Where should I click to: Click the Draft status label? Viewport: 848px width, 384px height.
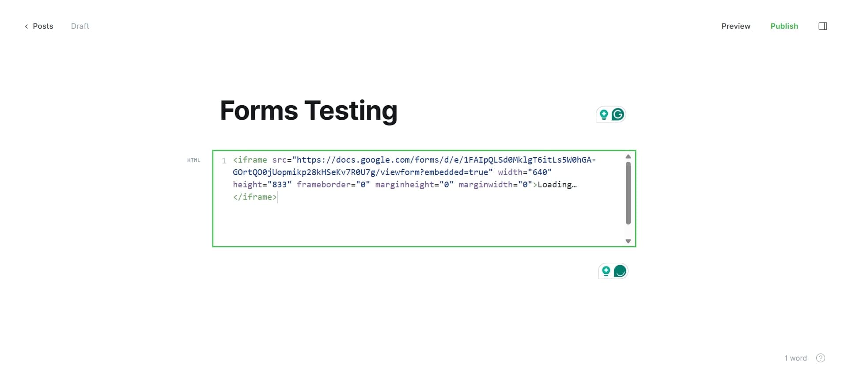click(80, 26)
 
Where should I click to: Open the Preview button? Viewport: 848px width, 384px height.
click(736, 26)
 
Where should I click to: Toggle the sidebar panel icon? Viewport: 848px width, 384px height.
click(822, 26)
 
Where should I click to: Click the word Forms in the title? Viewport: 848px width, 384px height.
click(259, 110)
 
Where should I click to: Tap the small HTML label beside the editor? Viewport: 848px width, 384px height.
click(193, 160)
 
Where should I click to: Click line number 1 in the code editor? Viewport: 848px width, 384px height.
click(224, 160)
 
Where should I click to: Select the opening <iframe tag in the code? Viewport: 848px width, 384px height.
click(250, 160)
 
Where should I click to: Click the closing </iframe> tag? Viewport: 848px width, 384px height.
click(254, 197)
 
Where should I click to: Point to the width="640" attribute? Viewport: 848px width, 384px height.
click(525, 172)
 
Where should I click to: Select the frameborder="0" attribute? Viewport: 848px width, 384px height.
click(333, 185)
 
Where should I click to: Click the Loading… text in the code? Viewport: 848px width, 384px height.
click(557, 185)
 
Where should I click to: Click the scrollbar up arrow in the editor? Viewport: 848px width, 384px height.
click(628, 157)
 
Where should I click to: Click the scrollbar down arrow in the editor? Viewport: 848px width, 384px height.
click(628, 241)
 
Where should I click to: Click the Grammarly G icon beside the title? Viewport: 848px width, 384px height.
click(618, 114)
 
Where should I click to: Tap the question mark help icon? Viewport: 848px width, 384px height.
click(821, 358)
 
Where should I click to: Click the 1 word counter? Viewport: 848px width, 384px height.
click(795, 358)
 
